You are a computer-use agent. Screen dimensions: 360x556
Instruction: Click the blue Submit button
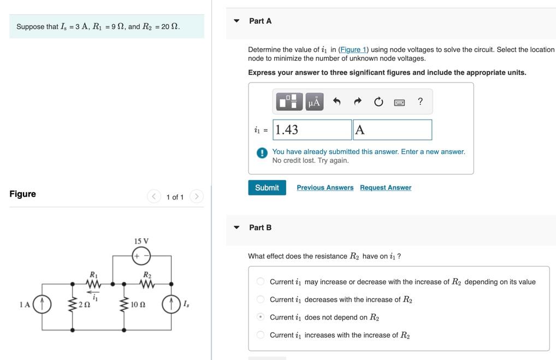point(267,187)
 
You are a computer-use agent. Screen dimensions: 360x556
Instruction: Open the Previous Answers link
point(325,187)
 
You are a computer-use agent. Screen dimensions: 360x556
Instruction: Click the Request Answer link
point(385,187)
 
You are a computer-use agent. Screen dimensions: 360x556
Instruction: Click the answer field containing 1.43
point(312,129)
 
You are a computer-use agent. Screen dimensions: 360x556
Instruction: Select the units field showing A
point(392,129)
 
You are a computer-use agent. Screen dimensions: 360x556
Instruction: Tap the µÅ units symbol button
point(314,102)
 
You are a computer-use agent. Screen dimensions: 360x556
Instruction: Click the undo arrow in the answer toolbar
point(336,102)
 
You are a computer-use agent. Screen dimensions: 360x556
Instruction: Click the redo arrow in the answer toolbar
point(358,102)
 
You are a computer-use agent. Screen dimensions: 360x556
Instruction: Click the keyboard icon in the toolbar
point(399,102)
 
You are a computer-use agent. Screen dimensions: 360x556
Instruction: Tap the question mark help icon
point(420,101)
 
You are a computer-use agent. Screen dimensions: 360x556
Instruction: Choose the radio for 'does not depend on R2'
point(261,317)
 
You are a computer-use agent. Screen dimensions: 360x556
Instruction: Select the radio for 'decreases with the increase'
point(261,299)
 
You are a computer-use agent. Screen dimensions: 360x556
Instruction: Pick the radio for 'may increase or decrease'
point(261,281)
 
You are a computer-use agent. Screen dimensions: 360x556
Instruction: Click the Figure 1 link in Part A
point(353,49)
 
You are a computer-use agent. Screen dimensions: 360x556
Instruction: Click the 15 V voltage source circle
point(141,255)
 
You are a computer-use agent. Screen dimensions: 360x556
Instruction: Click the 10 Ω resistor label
point(138,304)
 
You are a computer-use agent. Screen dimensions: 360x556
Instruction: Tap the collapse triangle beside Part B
point(236,227)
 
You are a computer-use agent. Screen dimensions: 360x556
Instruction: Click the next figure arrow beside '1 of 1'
point(197,196)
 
